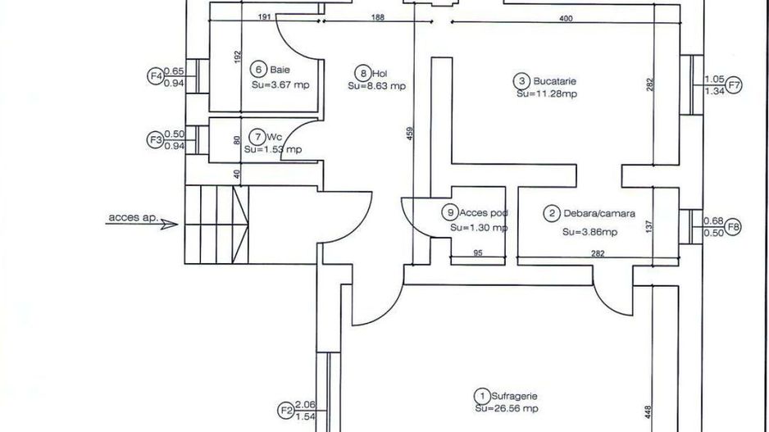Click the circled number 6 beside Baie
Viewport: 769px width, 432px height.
pos(258,70)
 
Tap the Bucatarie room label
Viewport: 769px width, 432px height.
pos(554,81)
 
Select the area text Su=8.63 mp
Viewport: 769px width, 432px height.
pos(376,86)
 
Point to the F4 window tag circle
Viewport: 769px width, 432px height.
pos(156,76)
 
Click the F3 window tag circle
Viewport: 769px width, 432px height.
pos(156,139)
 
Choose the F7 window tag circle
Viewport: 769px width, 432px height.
pos(734,85)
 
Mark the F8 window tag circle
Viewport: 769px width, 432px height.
pos(733,227)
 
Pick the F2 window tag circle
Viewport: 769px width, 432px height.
pos(286,411)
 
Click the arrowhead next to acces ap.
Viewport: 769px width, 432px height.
pos(169,224)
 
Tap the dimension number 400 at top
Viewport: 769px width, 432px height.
pos(566,19)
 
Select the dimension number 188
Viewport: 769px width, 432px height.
pos(378,18)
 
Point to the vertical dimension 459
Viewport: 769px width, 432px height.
pos(410,134)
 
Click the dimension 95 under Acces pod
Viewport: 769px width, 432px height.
pos(478,253)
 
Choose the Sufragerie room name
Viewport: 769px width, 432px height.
pos(515,396)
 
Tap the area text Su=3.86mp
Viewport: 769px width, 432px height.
pos(589,232)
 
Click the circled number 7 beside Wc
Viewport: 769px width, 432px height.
pos(257,137)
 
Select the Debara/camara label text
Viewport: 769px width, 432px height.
pos(599,213)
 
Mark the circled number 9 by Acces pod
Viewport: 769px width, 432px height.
pos(450,212)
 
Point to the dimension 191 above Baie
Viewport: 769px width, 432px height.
pos(264,16)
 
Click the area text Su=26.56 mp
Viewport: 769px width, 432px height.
pos(507,408)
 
